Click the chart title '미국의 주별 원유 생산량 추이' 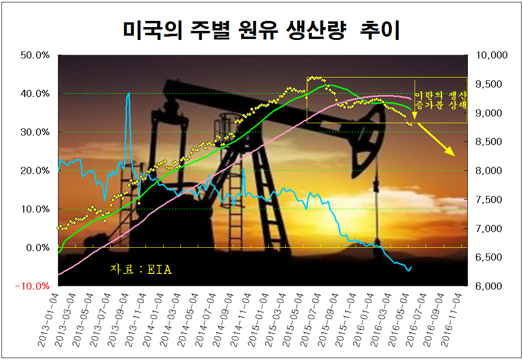[x=261, y=30]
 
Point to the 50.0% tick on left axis [x=35, y=55]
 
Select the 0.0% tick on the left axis [x=38, y=248]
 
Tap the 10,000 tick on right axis [x=492, y=55]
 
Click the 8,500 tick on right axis [x=488, y=142]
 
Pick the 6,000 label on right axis [x=488, y=286]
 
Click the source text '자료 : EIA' [x=141, y=269]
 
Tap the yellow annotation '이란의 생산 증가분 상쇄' [x=440, y=100]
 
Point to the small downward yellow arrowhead [x=415, y=116]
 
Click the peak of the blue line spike [x=129, y=93]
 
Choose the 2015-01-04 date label [x=258, y=320]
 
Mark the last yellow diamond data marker [x=411, y=125]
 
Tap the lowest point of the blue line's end [x=409, y=271]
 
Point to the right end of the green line [x=411, y=109]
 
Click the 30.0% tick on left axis [x=35, y=132]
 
